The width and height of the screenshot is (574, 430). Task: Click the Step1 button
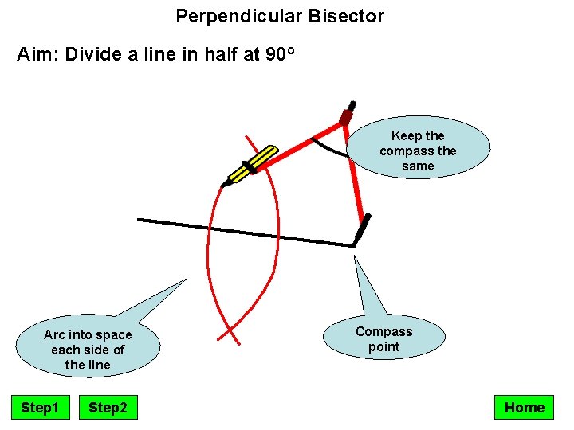[x=40, y=408]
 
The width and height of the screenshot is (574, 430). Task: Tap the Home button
[x=524, y=408]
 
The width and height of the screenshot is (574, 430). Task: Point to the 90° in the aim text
[x=280, y=55]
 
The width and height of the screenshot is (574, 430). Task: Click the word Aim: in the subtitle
[x=38, y=55]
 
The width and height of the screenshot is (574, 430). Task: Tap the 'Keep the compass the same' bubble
[x=418, y=150]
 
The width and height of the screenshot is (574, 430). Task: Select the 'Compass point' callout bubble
[x=383, y=339]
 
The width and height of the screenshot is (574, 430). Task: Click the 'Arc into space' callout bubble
[x=88, y=350]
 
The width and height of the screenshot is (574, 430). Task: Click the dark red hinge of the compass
[x=346, y=117]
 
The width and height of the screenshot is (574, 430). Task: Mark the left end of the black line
[x=140, y=219]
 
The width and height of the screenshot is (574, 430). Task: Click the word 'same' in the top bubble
[x=418, y=166]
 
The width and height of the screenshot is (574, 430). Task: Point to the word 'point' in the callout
[x=383, y=346]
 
